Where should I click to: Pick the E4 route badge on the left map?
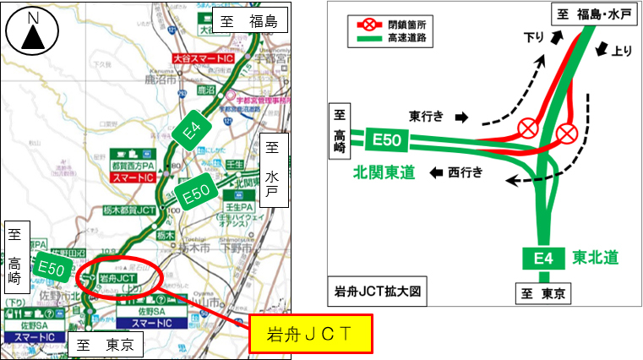(x=193, y=128)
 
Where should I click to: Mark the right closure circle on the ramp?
(x=566, y=133)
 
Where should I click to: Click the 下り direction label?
(x=534, y=38)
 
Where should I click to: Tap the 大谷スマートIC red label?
(x=202, y=59)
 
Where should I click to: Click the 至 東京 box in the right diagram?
(x=542, y=292)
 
